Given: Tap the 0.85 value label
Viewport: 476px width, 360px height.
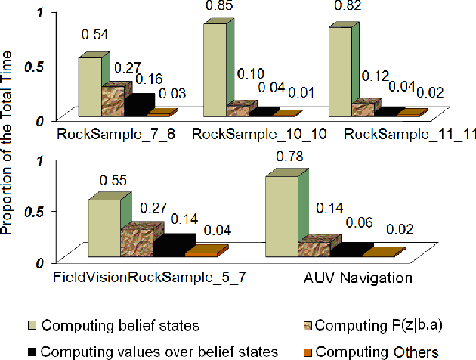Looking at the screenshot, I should [x=218, y=6].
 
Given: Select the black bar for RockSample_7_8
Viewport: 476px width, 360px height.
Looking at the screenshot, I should [x=138, y=105].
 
